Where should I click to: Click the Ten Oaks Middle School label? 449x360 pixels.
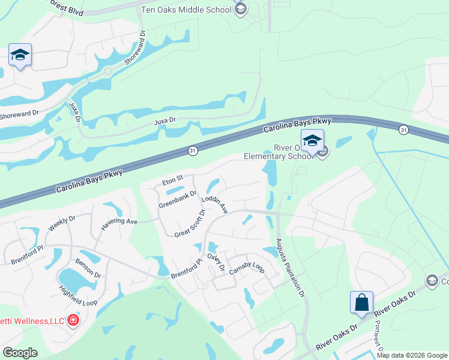click(185, 10)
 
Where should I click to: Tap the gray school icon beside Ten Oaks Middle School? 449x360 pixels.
click(241, 9)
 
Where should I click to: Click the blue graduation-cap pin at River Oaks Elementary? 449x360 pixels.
click(312, 142)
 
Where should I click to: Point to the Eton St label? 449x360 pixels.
click(172, 181)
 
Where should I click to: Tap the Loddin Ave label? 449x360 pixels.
click(214, 205)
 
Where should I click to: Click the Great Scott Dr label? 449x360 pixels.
click(190, 223)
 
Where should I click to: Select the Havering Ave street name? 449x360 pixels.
click(119, 221)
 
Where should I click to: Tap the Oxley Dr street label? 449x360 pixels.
click(215, 262)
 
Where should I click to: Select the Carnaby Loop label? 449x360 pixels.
click(247, 269)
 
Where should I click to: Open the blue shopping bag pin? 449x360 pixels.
click(362, 302)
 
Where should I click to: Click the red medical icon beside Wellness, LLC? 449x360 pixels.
click(73, 320)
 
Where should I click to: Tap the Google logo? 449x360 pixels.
click(20, 353)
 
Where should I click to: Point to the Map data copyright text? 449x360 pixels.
click(412, 355)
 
